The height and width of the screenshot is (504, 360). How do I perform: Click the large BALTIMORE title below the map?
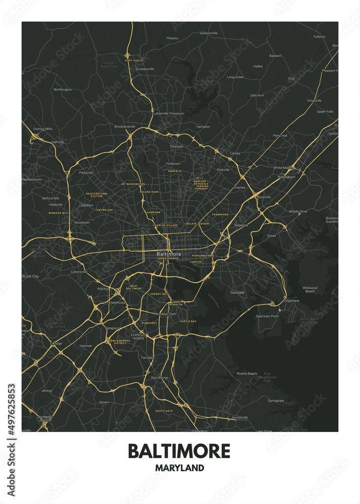179,451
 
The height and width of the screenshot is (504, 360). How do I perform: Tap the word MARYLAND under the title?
179,468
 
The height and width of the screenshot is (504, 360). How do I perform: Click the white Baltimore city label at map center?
168,254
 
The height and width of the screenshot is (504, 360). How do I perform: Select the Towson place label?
176,146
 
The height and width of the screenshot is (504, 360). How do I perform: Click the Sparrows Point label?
267,316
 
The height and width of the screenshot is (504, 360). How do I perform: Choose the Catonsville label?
79,272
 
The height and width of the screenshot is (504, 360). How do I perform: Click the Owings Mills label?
42,129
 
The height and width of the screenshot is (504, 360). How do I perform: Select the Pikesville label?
86,172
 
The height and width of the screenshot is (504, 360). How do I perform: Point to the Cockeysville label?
145,69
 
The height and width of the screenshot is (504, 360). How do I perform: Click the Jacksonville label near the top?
208,33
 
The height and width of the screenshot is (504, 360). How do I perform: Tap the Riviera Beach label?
247,373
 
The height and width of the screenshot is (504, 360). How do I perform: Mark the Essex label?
272,235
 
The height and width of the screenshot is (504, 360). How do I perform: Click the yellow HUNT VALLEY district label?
134,60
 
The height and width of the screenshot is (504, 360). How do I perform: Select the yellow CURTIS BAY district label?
188,321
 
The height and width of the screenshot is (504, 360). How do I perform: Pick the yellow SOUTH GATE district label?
164,411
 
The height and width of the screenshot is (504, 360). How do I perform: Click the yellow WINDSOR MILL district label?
58,213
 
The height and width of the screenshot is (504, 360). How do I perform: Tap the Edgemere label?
291,301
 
